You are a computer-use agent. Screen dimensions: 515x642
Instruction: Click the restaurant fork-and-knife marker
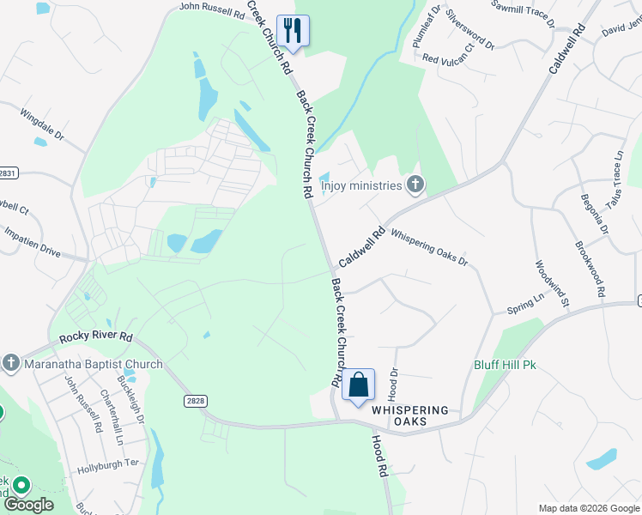click(x=294, y=32)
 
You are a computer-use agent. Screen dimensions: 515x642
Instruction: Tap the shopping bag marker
click(x=359, y=385)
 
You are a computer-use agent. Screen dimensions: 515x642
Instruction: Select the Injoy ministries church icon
click(x=415, y=185)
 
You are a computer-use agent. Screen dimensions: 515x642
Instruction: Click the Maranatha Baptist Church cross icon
click(x=11, y=364)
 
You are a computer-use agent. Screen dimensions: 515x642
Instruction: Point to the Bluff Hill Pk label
click(x=505, y=365)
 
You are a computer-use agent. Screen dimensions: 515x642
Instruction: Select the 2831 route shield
click(x=7, y=173)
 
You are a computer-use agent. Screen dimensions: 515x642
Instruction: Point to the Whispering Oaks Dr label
click(x=428, y=246)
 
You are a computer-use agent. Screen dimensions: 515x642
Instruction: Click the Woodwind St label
click(x=552, y=283)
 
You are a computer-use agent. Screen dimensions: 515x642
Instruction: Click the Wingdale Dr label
click(x=42, y=122)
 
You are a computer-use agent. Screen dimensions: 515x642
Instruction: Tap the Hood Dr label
click(x=394, y=385)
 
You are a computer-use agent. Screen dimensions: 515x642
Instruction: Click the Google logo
click(x=28, y=505)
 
